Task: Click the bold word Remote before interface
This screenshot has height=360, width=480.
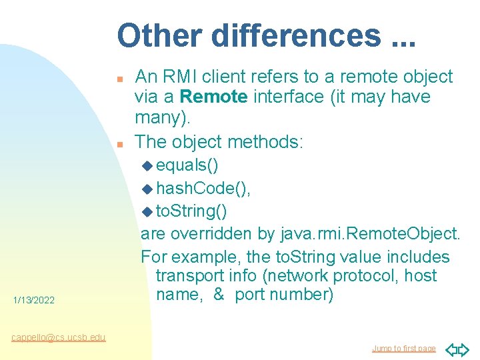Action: pyautogui.click(x=214, y=97)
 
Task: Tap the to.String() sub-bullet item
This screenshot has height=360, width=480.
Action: pyautogui.click(x=191, y=211)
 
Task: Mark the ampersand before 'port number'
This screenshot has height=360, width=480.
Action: pyautogui.click(x=219, y=295)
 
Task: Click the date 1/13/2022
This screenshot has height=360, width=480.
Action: pyautogui.click(x=33, y=301)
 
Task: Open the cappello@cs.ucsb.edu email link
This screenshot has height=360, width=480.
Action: pyautogui.click(x=58, y=337)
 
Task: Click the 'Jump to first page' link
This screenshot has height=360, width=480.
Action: pyautogui.click(x=403, y=349)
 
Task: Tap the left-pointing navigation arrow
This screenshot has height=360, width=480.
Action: pyautogui.click(x=451, y=349)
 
